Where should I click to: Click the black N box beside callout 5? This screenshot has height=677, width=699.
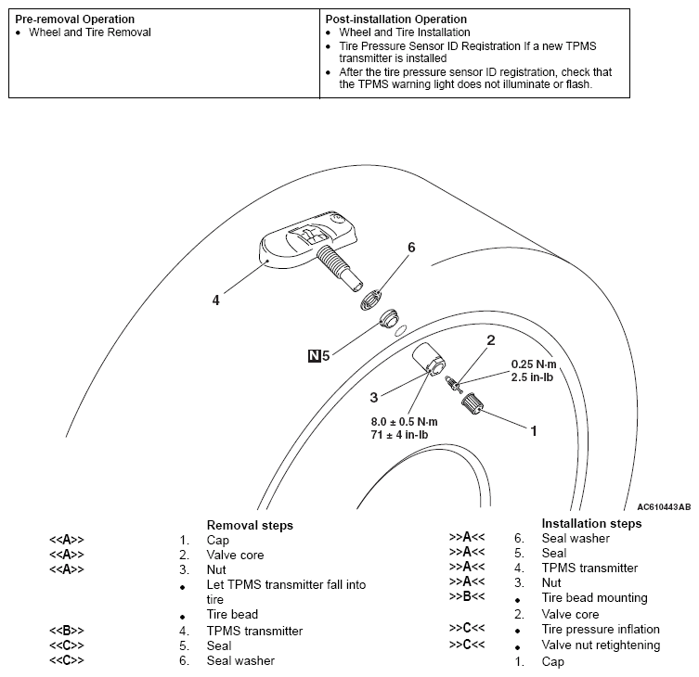[316, 354]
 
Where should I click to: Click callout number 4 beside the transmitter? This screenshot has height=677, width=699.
[215, 300]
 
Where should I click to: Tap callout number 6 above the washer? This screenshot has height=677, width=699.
[410, 247]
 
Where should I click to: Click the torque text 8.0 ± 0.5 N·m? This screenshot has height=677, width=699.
[404, 421]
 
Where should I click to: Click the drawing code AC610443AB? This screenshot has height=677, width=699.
[663, 507]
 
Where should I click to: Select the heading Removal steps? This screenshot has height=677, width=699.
[249, 525]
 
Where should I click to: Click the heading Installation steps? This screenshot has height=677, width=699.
[591, 523]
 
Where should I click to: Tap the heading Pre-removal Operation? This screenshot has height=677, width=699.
[75, 19]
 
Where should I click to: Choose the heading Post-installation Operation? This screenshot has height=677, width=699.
[396, 19]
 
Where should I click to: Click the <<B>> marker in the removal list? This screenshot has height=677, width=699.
[67, 631]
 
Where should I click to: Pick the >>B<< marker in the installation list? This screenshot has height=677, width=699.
[467, 598]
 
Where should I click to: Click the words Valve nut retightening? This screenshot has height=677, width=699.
[601, 645]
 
